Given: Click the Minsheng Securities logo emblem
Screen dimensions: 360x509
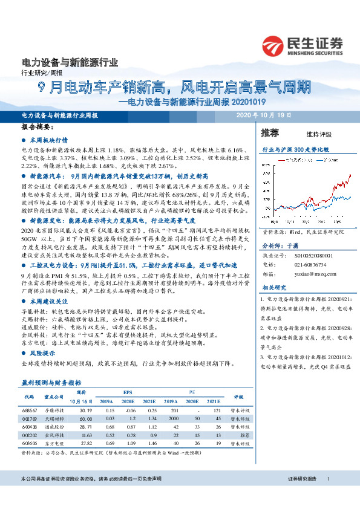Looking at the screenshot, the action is [272, 45].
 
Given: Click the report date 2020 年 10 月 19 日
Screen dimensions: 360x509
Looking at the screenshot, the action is [264, 115].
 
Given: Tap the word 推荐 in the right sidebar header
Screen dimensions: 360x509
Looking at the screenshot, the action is [270, 133].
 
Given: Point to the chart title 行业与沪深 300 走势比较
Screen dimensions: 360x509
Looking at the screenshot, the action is [295, 149].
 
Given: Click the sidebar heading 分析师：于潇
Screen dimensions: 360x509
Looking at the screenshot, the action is [279, 228].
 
